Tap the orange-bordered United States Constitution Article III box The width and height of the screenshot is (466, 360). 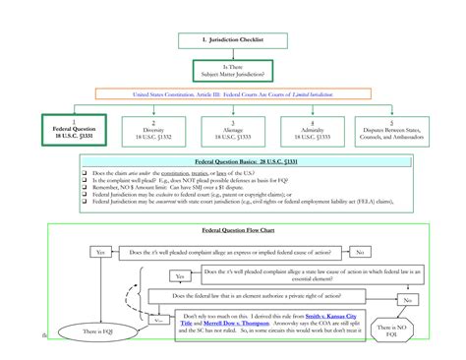pyautogui.click(x=233, y=95)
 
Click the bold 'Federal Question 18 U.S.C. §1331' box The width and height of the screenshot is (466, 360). pyautogui.click(x=72, y=129)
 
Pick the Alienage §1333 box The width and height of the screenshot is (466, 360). pyautogui.click(x=233, y=129)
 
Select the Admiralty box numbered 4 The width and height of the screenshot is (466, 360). pyautogui.click(x=311, y=129)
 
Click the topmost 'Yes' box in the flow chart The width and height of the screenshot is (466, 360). pyautogui.click(x=100, y=252)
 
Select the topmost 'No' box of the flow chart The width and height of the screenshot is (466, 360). pyautogui.click(x=361, y=252)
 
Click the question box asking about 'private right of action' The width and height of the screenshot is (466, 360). pyautogui.click(x=262, y=295)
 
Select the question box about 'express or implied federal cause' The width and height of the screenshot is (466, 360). pyautogui.click(x=231, y=252)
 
